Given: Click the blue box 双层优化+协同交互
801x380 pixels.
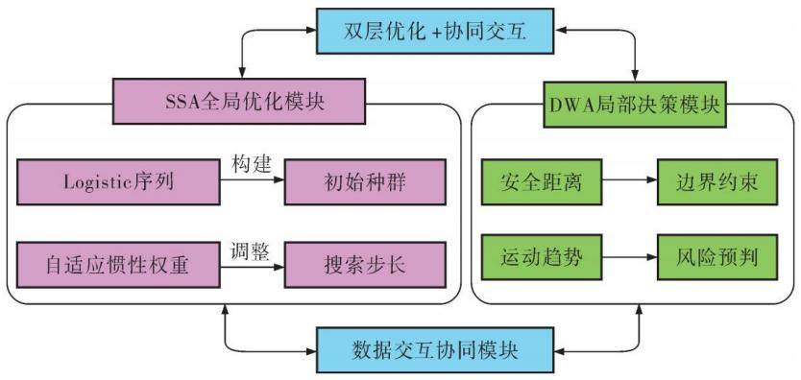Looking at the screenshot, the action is pyautogui.click(x=434, y=31).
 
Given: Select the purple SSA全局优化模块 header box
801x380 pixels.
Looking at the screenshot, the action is pyautogui.click(x=238, y=101).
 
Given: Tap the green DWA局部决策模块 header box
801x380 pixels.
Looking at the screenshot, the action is pyautogui.click(x=635, y=104).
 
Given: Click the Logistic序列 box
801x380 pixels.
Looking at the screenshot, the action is pyautogui.click(x=118, y=182).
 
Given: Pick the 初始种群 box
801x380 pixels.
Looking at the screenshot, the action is pyautogui.click(x=365, y=182).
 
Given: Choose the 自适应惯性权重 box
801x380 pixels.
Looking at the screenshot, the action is pyautogui.click(x=118, y=265).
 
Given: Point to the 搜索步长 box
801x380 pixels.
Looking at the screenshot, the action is pyautogui.click(x=365, y=265).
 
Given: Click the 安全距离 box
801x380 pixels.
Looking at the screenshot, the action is pyautogui.click(x=542, y=182).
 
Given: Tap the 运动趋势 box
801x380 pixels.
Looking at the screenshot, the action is pyautogui.click(x=542, y=257).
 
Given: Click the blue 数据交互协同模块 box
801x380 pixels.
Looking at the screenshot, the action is pyautogui.click(x=434, y=350).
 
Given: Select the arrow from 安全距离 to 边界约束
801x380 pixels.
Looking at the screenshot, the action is pyautogui.click(x=629, y=180).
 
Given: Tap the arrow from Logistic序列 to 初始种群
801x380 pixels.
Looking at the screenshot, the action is pyautogui.click(x=252, y=180).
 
